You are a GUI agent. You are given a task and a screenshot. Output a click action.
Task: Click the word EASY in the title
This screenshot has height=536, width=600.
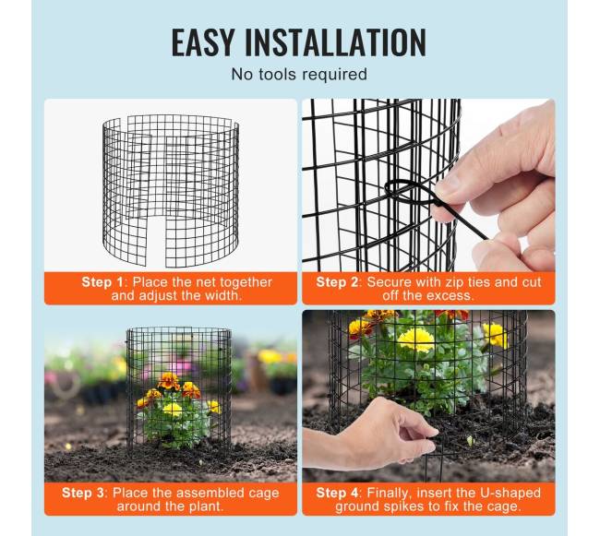202,42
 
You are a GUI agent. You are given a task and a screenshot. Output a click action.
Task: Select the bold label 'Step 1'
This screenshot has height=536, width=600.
102,282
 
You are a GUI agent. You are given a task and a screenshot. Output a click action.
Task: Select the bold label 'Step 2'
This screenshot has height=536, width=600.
337,282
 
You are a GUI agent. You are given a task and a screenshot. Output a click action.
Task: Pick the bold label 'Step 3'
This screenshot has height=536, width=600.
83,493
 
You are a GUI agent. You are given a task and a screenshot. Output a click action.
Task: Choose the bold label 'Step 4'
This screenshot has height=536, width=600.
337,493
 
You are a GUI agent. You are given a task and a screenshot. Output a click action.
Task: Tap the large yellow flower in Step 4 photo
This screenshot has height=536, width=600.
415,341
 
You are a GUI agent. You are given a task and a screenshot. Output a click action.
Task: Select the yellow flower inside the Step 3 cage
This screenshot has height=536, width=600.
173,409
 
